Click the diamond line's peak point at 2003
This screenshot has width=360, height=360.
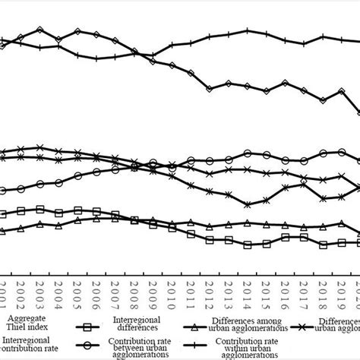[x=40, y=30]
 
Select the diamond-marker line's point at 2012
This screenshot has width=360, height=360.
[x=210, y=89]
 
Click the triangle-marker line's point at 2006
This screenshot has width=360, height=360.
[x=97, y=219]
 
